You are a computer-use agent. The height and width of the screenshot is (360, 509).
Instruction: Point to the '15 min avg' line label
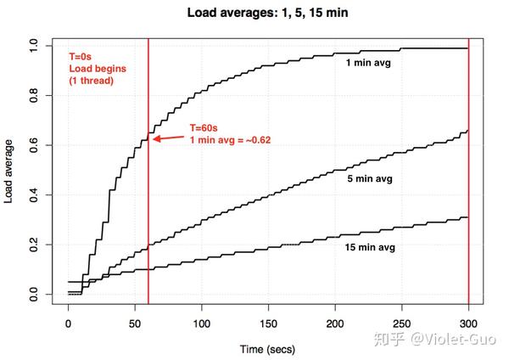370,249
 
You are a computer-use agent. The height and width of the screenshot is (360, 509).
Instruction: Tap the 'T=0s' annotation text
82,55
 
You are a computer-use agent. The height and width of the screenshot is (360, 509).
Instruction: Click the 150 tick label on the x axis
269,323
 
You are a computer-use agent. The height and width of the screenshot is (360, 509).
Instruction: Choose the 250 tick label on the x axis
402,323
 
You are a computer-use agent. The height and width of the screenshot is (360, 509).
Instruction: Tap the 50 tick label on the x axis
136,323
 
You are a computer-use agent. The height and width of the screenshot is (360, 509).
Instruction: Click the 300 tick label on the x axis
469,323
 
